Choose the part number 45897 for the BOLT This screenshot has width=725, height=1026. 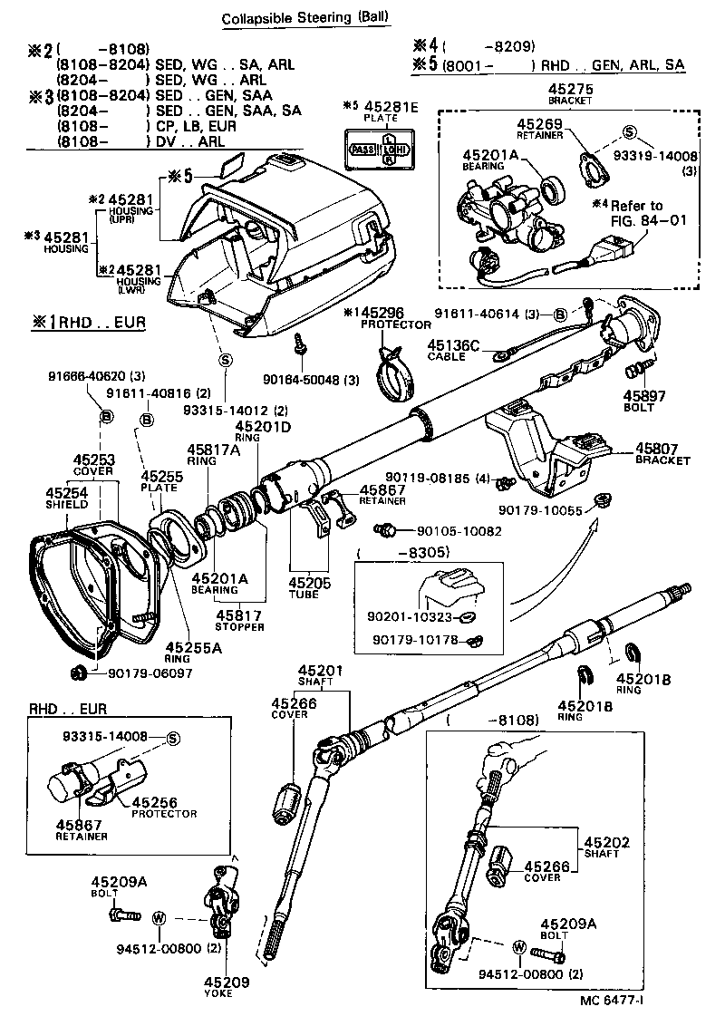pos(644,395)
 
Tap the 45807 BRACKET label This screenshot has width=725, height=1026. pos(662,453)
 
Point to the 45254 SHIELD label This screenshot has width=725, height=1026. pos(67,498)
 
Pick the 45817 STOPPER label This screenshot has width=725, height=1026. pos(239,620)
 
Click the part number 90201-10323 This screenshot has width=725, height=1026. pos(411,618)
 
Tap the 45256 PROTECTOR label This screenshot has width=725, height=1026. pos(164,808)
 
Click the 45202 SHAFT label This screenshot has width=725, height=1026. pos(601,847)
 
